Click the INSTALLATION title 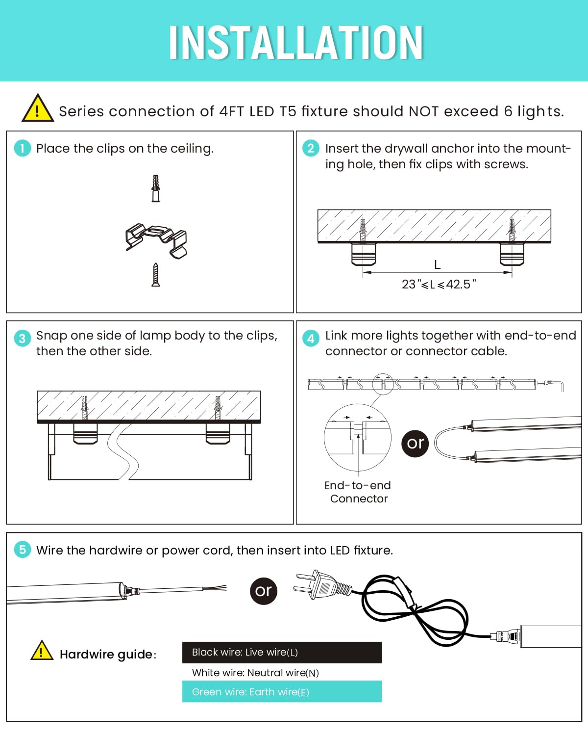click(x=295, y=43)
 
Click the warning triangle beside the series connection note click(x=37, y=109)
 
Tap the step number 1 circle click(x=22, y=148)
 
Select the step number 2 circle click(x=311, y=148)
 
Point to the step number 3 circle click(x=22, y=338)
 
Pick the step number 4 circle click(x=311, y=338)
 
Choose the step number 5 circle click(x=22, y=550)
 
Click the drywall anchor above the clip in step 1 click(x=156, y=188)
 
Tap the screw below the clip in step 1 click(x=156, y=275)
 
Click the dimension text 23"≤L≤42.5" click(x=439, y=284)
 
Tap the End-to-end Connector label click(x=358, y=492)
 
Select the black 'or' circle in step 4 click(x=415, y=443)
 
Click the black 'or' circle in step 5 click(x=263, y=591)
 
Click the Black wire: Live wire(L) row click(x=282, y=652)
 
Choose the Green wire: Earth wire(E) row click(x=282, y=692)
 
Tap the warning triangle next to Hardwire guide click(x=42, y=652)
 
